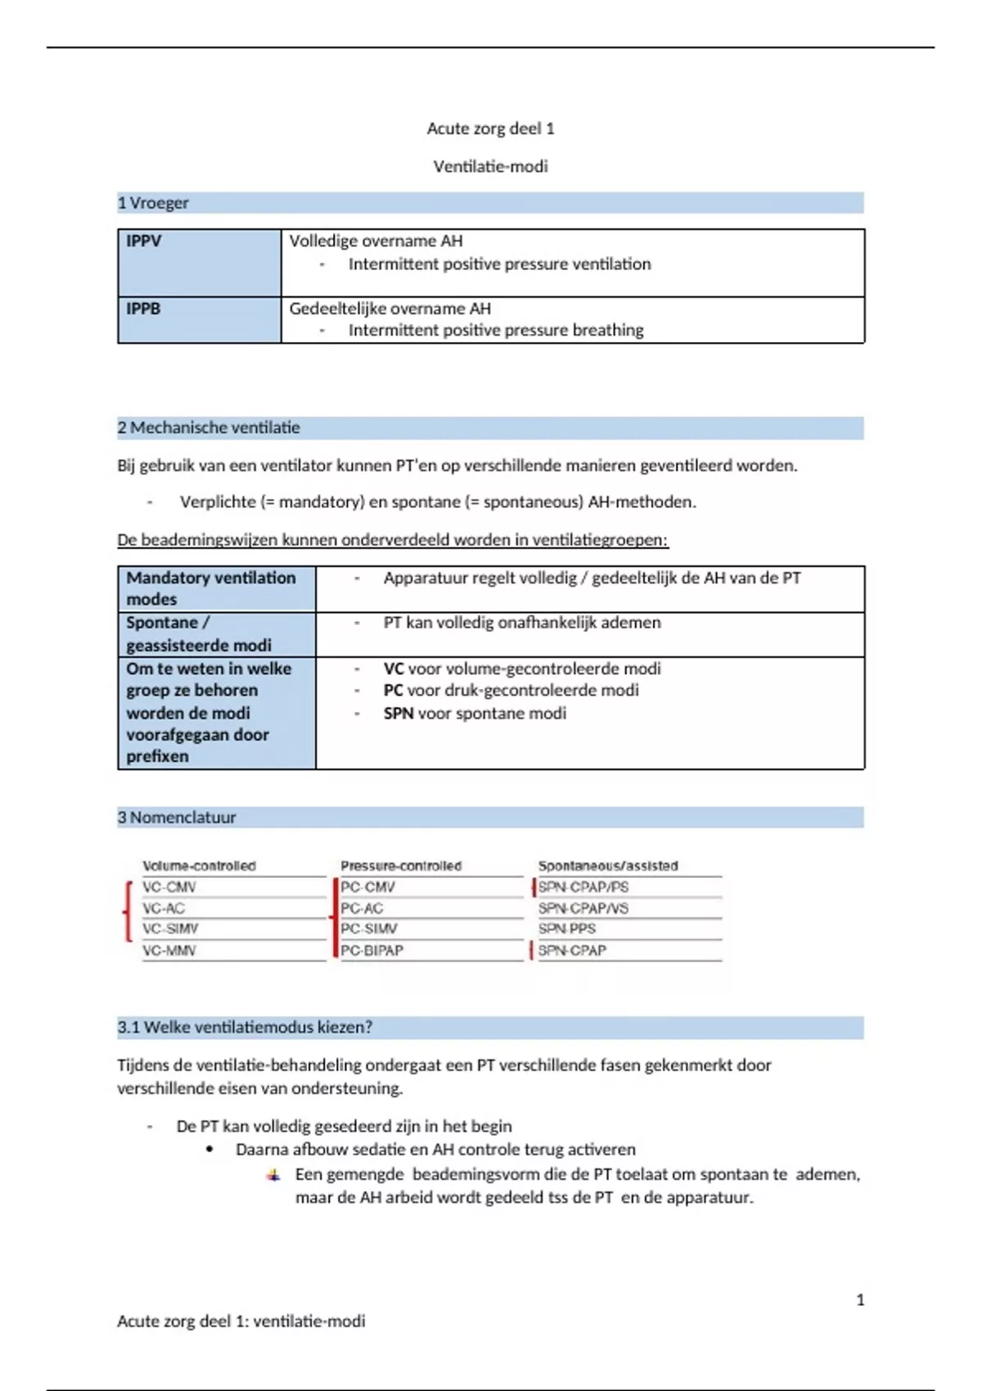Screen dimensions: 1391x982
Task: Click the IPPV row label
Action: point(144,241)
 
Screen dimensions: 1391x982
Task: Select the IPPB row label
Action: point(143,309)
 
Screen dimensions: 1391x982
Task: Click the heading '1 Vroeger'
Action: point(153,203)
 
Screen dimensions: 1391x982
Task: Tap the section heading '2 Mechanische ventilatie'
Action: point(209,427)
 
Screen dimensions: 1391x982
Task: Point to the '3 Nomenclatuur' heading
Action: point(177,817)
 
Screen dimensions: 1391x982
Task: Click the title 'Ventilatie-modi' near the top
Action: point(490,166)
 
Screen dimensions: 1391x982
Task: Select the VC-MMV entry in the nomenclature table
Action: point(169,951)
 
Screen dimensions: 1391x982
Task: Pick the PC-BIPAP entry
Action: point(372,951)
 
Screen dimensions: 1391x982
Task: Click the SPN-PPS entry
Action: point(567,929)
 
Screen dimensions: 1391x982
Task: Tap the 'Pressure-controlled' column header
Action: point(401,866)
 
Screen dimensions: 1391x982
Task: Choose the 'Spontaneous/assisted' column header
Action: point(608,866)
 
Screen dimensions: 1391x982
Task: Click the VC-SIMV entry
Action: point(170,929)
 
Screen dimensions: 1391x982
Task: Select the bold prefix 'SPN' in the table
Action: point(399,714)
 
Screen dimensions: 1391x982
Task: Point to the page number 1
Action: point(860,1300)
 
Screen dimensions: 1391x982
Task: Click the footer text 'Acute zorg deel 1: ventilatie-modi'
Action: point(241,1321)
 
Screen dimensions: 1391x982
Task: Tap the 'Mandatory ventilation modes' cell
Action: point(211,588)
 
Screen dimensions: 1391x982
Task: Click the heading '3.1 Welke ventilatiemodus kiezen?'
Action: point(245,1028)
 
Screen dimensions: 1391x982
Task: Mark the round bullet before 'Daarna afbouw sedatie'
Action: point(210,1150)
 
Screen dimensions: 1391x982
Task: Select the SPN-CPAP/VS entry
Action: point(583,908)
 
